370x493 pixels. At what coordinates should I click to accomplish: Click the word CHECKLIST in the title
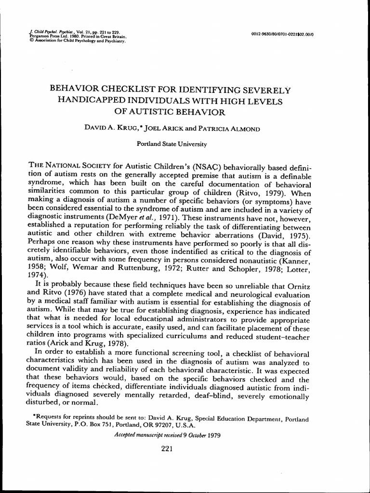pyautogui.click(x=134, y=90)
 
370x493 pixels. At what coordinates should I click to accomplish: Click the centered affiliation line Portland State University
pyautogui.click(x=172, y=143)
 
